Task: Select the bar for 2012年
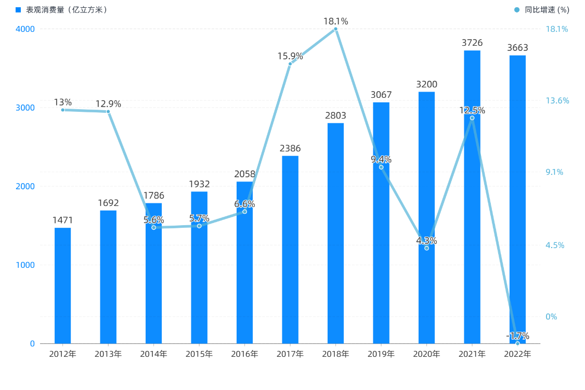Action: click(62, 286)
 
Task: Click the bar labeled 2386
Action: click(290, 250)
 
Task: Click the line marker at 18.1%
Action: click(335, 29)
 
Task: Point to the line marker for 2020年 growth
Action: click(426, 248)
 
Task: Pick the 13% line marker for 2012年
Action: click(63, 110)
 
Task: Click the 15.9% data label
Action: click(290, 56)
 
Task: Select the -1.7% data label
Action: click(517, 335)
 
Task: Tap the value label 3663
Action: click(517, 48)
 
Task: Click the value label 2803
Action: click(335, 115)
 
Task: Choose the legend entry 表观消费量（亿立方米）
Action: click(62, 10)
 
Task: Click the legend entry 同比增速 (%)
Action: click(544, 10)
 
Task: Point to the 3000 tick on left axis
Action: click(26, 108)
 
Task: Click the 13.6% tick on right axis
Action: click(557, 100)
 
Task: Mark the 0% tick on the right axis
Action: click(552, 317)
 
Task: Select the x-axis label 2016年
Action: click(244, 354)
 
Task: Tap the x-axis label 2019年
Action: click(381, 354)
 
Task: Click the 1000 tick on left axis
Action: click(26, 265)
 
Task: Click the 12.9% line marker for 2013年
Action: click(108, 111)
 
